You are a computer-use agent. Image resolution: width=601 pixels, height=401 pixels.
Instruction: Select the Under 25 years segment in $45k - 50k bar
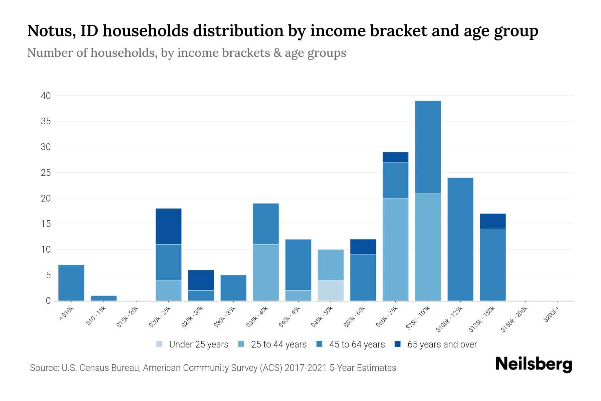(331, 290)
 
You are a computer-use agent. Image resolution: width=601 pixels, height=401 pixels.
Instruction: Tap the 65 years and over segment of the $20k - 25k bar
(169, 226)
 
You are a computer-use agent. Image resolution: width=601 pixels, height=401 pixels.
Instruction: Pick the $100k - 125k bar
(460, 239)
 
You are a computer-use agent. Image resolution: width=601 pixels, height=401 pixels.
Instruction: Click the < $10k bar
(71, 283)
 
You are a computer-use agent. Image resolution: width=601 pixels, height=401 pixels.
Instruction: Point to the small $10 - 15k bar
(104, 298)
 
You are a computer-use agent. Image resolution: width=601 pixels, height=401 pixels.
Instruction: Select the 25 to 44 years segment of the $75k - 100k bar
(428, 247)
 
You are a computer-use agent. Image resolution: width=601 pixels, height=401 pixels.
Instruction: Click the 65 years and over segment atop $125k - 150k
(492, 221)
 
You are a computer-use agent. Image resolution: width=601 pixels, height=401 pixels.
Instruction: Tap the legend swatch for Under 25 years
(160, 344)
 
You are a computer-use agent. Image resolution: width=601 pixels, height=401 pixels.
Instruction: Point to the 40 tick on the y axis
(46, 96)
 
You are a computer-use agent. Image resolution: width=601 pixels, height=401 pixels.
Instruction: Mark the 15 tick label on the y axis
(46, 224)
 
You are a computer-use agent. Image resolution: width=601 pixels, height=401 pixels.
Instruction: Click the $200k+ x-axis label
(551, 315)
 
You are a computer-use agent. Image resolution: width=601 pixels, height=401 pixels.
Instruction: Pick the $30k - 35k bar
(233, 288)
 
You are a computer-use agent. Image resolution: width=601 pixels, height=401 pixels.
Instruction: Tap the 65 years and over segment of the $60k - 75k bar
(395, 157)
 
